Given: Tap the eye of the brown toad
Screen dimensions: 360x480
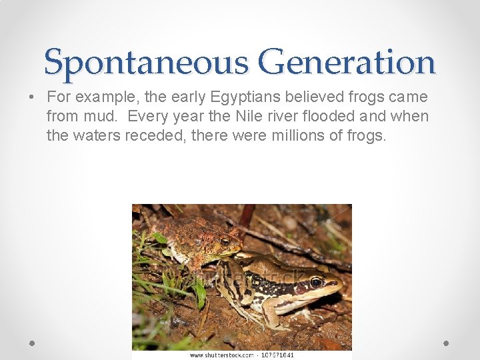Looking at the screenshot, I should pyautogui.click(x=225, y=240).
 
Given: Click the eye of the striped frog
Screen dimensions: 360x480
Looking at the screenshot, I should pyautogui.click(x=315, y=281).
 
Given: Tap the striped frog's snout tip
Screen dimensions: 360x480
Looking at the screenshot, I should pyautogui.click(x=341, y=287).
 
